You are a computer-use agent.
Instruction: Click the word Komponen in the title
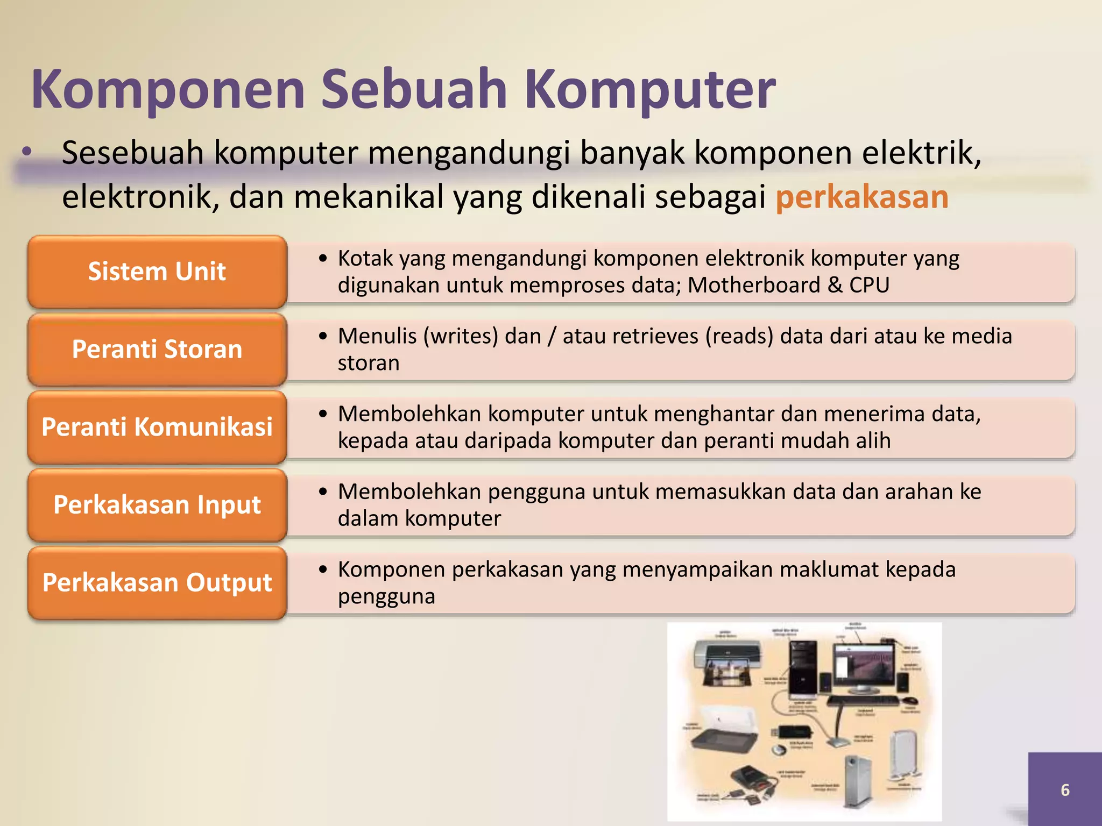pos(168,89)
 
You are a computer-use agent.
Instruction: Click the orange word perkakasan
pos(861,197)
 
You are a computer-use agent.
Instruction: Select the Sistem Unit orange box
pos(157,272)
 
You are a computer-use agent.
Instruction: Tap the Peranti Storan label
pos(157,349)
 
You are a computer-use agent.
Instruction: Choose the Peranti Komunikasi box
pos(157,427)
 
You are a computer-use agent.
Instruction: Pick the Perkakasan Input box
pos(157,504)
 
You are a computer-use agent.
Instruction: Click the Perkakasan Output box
pos(157,582)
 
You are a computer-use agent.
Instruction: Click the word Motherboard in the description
pos(754,285)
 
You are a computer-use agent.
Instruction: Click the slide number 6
pos(1065,789)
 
